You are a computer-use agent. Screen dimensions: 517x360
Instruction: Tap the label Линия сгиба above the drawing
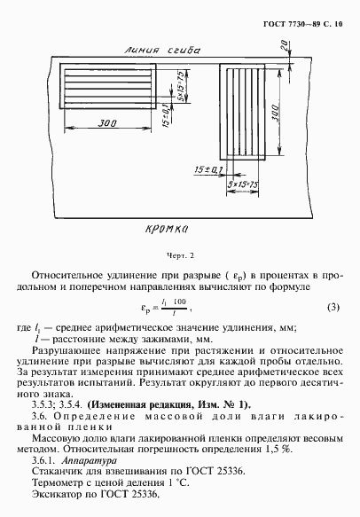point(141,51)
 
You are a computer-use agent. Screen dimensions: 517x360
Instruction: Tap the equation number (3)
point(333,309)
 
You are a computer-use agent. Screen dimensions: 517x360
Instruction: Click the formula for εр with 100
point(182,309)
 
